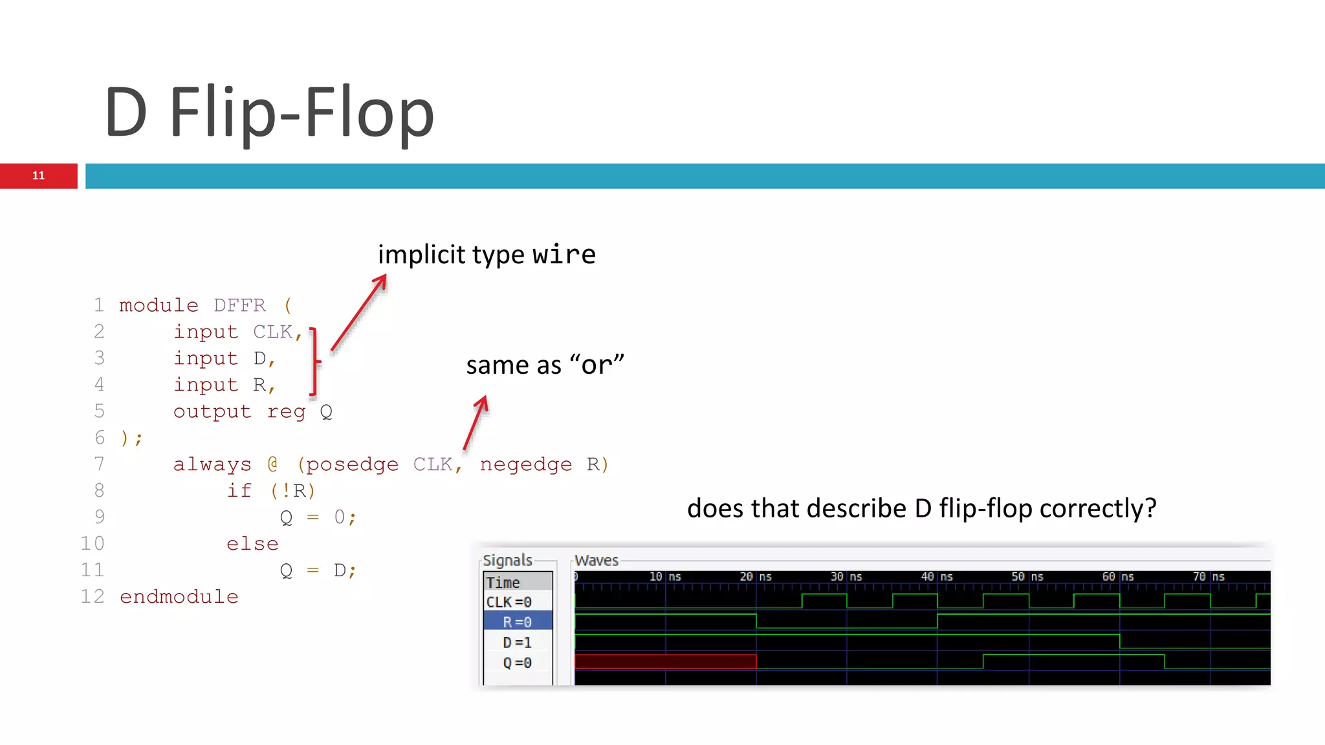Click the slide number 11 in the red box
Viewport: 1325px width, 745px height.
[38, 176]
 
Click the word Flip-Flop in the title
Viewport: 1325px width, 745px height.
[301, 113]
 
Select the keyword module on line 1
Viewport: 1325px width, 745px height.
[159, 305]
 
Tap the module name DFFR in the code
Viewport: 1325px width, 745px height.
[239, 305]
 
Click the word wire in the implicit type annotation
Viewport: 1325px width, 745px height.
[564, 254]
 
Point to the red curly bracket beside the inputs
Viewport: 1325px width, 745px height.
[314, 361]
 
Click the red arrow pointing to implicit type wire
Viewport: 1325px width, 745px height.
[359, 312]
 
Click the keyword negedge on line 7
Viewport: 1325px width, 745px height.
[525, 464]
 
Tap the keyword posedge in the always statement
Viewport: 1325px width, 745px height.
[352, 464]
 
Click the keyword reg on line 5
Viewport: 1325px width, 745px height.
[286, 411]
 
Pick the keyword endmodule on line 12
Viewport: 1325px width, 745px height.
[179, 596]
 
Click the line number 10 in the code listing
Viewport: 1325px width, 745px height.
[93, 543]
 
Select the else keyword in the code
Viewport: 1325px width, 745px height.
[252, 544]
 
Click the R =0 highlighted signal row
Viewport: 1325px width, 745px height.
[518, 622]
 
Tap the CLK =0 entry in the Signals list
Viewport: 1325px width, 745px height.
[509, 602]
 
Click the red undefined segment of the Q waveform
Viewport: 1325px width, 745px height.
[665, 662]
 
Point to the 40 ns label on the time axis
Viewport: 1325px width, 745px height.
[936, 576]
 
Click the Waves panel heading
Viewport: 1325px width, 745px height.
[596, 560]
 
